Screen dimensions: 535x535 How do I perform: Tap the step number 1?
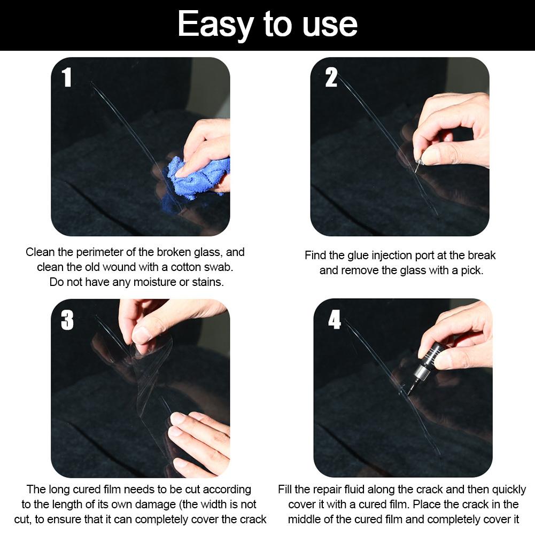pyautogui.click(x=67, y=77)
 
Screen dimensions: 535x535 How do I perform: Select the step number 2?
pyautogui.click(x=331, y=78)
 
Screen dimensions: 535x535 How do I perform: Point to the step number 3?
pyautogui.click(x=67, y=320)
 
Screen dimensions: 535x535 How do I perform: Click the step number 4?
pyautogui.click(x=335, y=320)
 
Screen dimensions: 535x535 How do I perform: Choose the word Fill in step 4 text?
pyautogui.click(x=287, y=490)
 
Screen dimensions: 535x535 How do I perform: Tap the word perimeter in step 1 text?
pyautogui.click(x=105, y=252)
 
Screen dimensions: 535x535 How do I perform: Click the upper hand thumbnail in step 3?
pyautogui.click(x=141, y=335)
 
